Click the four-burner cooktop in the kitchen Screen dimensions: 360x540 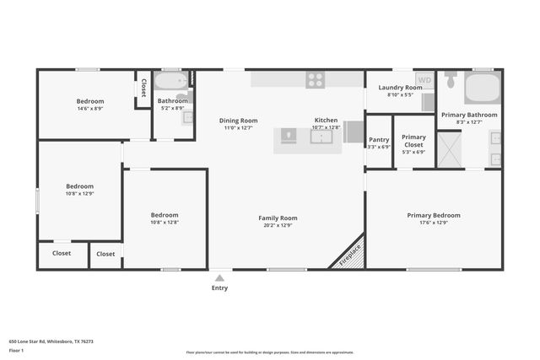pos(315,80)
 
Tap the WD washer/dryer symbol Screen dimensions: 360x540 pos(425,81)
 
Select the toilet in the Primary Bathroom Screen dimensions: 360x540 pos(451,81)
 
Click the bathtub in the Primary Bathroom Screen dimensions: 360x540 pos(483,88)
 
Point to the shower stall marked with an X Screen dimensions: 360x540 pos(449,149)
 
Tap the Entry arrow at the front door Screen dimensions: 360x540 pos(219,277)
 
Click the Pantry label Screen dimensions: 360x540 pos(379,140)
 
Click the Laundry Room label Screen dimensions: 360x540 pos(400,88)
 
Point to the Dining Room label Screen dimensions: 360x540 pos(238,121)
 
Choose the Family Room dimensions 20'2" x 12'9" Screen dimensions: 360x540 pos(278,226)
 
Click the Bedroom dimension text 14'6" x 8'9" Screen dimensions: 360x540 pos(90,109)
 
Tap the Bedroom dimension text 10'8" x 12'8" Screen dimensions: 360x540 pos(165,223)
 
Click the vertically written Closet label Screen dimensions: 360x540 pos(143,88)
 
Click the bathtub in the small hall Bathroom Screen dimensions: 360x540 pos(172,83)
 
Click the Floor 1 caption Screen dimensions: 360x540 pos(16,350)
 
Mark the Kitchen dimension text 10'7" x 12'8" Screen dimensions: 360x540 pos(326,128)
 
